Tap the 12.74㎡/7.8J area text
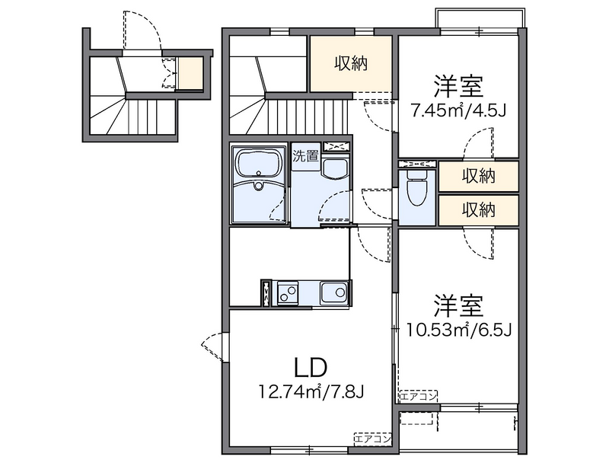tap(312, 392)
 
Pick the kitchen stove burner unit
tap(288, 292)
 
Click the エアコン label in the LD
tap(373, 438)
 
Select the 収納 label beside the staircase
tap(351, 64)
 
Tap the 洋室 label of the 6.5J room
tap(459, 305)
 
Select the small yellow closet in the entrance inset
tap(191, 73)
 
